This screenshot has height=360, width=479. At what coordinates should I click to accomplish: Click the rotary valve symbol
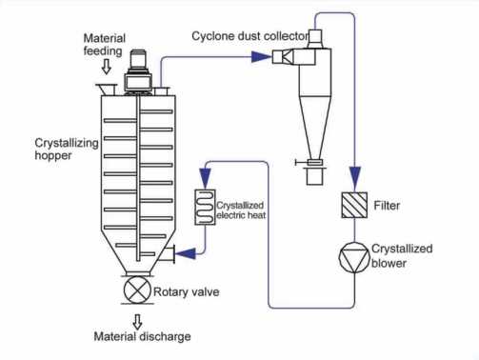137,290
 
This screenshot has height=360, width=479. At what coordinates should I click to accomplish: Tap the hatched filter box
354,205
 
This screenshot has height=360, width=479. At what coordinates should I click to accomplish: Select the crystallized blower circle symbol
354,257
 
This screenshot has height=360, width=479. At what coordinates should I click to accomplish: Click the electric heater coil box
205,208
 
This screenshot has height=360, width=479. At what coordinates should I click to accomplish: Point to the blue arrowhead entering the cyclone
262,57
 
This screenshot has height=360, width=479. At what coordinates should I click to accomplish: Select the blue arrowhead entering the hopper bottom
186,253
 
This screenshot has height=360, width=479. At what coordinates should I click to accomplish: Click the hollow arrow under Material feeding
107,67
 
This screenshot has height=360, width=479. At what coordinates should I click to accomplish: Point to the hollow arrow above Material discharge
137,322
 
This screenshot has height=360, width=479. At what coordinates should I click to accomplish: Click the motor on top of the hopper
138,71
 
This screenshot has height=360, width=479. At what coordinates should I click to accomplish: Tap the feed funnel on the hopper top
107,90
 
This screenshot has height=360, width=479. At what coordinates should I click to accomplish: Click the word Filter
387,206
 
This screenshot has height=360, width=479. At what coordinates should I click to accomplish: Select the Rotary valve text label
187,292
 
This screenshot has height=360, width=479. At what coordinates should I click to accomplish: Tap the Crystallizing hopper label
67,150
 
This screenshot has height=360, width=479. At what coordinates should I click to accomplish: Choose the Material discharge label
142,336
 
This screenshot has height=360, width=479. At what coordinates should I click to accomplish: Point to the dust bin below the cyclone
314,176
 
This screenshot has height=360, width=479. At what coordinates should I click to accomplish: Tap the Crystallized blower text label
402,256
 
